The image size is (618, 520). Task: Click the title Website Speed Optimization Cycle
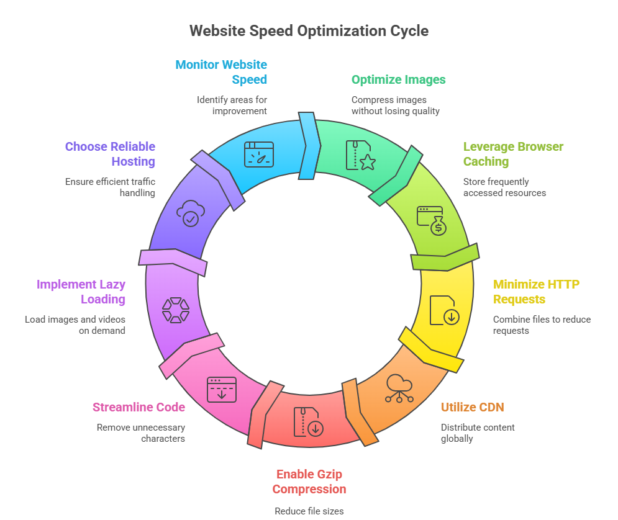click(309, 30)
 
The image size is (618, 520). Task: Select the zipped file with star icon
click(360, 155)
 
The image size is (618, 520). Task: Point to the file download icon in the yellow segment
click(445, 310)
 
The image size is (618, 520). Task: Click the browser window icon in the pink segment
click(222, 390)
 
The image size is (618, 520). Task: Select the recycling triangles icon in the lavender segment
click(176, 310)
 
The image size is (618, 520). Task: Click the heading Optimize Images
click(398, 79)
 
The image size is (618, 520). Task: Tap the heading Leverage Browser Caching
click(513, 154)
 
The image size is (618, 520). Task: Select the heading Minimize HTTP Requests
click(536, 292)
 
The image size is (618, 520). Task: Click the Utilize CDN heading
click(472, 407)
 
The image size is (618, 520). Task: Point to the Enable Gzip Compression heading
click(309, 482)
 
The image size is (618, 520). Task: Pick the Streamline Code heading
click(139, 407)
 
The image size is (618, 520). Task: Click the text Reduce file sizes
click(309, 511)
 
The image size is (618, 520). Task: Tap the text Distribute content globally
click(477, 433)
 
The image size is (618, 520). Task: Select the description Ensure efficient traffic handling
click(110, 187)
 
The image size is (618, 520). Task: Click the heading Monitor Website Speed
click(221, 72)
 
